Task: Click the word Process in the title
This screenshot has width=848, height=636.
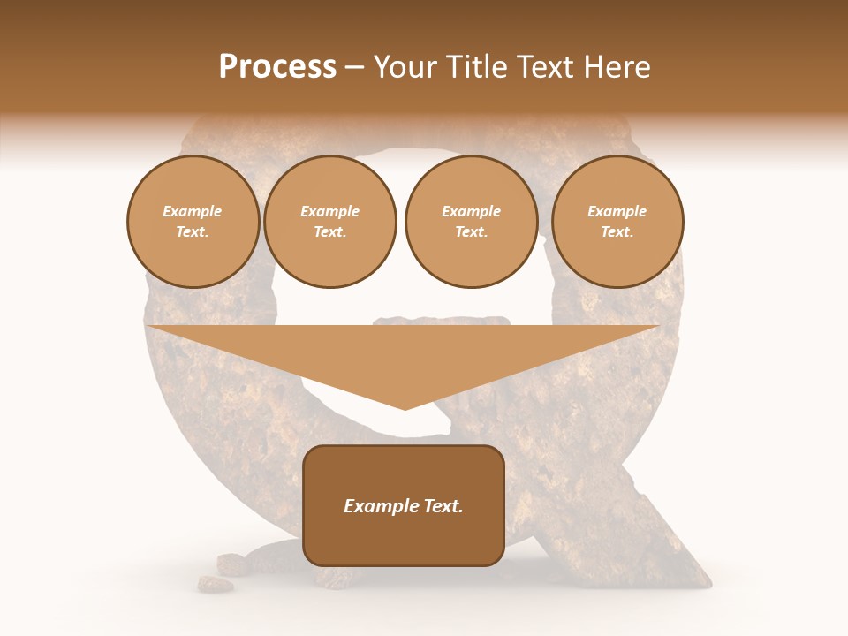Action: click(277, 67)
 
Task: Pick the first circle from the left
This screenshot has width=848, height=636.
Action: click(193, 222)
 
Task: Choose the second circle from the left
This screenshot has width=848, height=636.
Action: click(330, 222)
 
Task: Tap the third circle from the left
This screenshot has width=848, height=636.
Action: click(471, 222)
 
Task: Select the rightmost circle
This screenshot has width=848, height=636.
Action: click(617, 222)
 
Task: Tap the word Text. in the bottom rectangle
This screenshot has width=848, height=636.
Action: click(443, 506)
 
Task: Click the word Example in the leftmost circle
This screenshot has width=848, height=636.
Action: click(193, 211)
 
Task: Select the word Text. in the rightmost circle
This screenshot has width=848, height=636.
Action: click(617, 232)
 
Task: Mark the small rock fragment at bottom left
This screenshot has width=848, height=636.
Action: click(215, 584)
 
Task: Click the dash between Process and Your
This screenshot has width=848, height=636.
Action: click(355, 67)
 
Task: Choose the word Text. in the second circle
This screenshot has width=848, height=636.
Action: click(330, 232)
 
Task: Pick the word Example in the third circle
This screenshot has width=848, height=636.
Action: click(471, 211)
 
